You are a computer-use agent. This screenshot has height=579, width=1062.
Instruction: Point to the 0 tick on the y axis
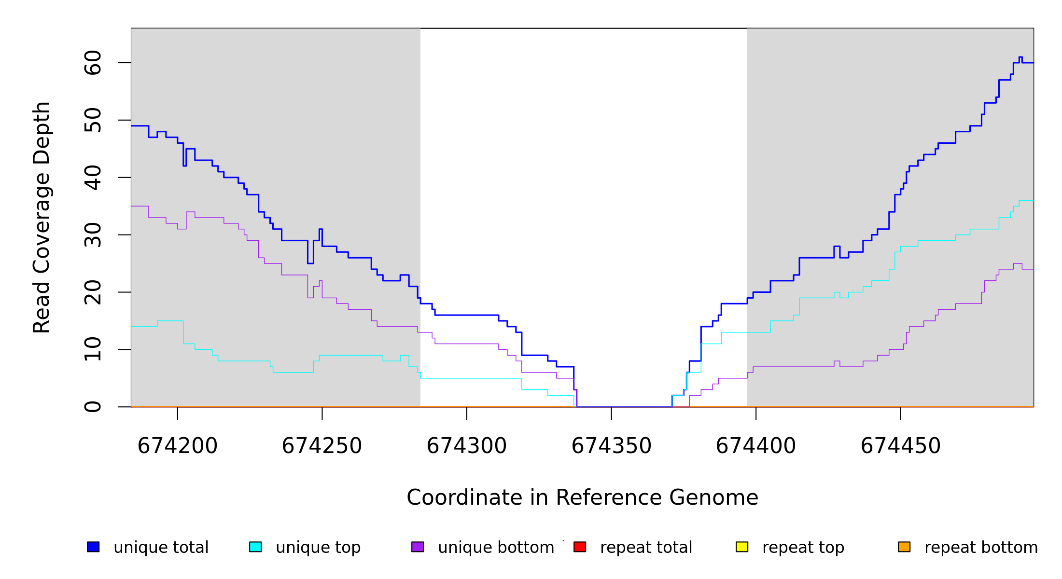coord(93,407)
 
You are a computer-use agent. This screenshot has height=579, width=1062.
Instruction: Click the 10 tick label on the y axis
coord(93,349)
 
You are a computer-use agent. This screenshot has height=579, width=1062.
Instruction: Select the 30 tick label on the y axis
coord(93,235)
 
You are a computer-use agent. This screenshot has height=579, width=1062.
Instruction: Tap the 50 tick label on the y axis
coord(93,120)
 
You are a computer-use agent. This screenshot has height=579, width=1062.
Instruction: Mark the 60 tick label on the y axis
coord(93,63)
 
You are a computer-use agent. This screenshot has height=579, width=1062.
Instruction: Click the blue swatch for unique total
coord(93,547)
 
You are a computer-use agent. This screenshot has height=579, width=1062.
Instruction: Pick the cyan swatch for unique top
coord(255,547)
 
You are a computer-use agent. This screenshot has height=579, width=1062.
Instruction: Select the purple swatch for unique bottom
coord(418,547)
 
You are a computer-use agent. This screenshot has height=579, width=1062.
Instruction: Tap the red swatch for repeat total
coord(580,547)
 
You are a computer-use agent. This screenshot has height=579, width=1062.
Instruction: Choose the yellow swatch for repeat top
coord(742,547)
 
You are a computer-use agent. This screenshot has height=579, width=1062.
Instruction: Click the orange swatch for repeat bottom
coord(904,547)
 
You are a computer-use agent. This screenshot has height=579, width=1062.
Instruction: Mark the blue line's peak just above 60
coord(1020,57)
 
